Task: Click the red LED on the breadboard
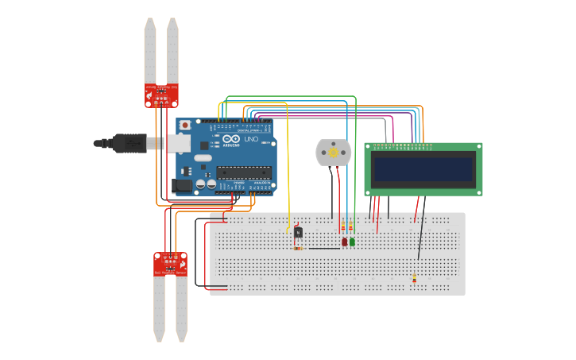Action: coord(344,242)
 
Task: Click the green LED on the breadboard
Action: coord(352,242)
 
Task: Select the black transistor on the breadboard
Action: coord(298,232)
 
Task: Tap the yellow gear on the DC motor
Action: coord(334,152)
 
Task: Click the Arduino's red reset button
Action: coord(185,125)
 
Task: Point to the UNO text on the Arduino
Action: coord(251,139)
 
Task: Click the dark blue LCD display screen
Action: coord(423,168)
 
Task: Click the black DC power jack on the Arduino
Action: coord(182,186)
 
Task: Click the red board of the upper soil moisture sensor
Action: coord(161,95)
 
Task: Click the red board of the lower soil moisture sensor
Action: coord(170,264)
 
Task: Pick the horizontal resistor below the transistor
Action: coord(299,249)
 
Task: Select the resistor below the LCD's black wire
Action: coord(414,278)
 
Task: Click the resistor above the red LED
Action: coord(344,228)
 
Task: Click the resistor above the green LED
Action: coord(351,228)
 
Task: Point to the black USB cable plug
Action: coord(127,143)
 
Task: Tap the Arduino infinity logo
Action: coord(231,139)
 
